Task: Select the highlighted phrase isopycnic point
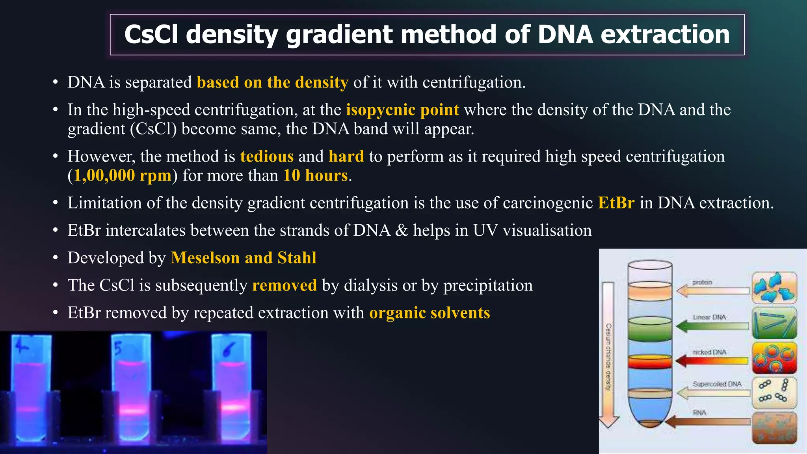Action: [402, 110]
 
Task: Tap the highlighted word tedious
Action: [267, 156]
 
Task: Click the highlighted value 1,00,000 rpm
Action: [123, 175]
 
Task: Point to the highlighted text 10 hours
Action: [315, 175]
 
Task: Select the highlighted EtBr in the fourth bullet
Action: [616, 203]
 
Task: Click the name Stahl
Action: [297, 258]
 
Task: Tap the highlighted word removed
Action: [284, 285]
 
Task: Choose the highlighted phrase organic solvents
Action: [429, 313]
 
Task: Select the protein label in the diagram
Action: [702, 282]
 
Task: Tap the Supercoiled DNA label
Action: [717, 384]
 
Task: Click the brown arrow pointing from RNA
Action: [708, 422]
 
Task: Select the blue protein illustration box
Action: [774, 287]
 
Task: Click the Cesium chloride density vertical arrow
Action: [608, 355]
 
